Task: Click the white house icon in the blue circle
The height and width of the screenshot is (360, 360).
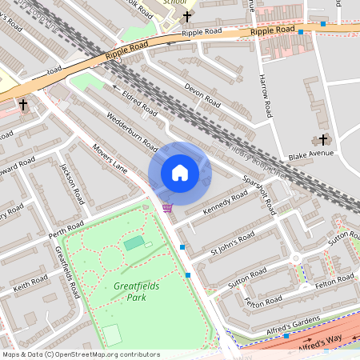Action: pos(180,172)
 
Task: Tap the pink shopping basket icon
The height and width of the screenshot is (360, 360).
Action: pos(166,208)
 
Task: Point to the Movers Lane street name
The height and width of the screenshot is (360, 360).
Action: pos(110,158)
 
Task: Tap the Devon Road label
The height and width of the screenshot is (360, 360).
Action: pos(202,94)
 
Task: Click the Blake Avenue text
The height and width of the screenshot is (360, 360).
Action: pos(310,154)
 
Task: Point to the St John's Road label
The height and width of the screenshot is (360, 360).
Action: pos(232,243)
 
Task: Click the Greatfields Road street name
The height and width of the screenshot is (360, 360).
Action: pos(68,271)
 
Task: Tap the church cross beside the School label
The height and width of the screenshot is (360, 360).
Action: pos(188,16)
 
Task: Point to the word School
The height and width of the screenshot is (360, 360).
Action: pos(174,2)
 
